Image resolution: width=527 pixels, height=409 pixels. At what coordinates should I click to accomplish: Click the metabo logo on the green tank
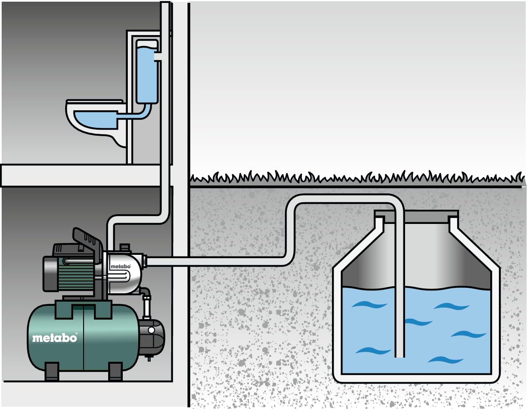(x=55, y=338)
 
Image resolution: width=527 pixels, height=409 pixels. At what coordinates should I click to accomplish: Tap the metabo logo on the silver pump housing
(x=120, y=266)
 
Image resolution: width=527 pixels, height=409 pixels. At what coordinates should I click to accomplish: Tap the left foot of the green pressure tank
(x=52, y=371)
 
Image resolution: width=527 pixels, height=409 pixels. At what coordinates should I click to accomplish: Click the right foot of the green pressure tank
(x=115, y=371)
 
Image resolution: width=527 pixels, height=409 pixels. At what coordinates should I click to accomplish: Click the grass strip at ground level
(x=355, y=179)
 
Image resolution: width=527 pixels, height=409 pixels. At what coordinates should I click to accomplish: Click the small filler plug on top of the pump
(x=123, y=247)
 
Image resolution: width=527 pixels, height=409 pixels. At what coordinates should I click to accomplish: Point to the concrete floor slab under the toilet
(x=79, y=175)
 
